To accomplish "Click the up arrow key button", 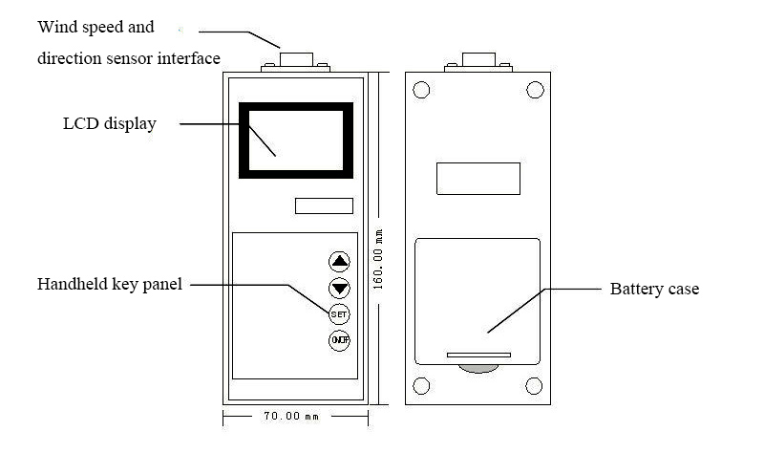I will pyautogui.click(x=339, y=261).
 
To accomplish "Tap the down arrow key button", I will pyautogui.click(x=339, y=288).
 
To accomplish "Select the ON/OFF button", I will pyautogui.click(x=339, y=341).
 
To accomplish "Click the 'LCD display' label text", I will pyautogui.click(x=109, y=123).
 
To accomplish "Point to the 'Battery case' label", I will pyautogui.click(x=654, y=289).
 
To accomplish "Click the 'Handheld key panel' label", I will pyautogui.click(x=109, y=284).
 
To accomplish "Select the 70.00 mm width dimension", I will pyautogui.click(x=295, y=417).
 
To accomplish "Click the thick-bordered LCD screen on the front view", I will pyautogui.click(x=296, y=140).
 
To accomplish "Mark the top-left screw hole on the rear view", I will pyautogui.click(x=420, y=91).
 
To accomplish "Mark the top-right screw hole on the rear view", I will pyautogui.click(x=535, y=91).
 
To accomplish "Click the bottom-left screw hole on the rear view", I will pyautogui.click(x=420, y=386).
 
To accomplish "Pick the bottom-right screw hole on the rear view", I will pyautogui.click(x=535, y=386).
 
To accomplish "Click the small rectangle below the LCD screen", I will pyautogui.click(x=324, y=205).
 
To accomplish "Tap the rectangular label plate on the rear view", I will pyautogui.click(x=477, y=179).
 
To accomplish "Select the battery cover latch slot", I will pyautogui.click(x=478, y=356).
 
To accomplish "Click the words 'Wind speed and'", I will pyautogui.click(x=95, y=27).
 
